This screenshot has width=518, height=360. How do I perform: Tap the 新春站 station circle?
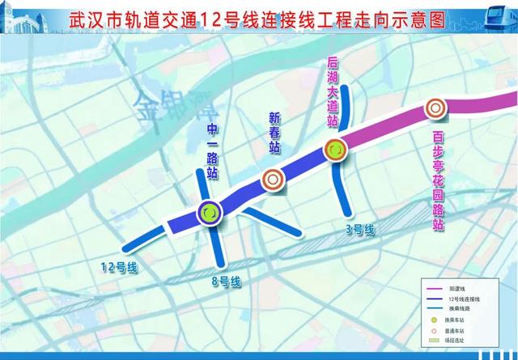(273, 180)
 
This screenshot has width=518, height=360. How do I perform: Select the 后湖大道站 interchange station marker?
(335, 149)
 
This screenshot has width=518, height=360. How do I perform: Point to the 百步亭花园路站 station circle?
(436, 107)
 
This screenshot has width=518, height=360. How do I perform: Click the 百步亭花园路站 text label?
(438, 180)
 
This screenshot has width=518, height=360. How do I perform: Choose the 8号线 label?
(225, 281)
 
